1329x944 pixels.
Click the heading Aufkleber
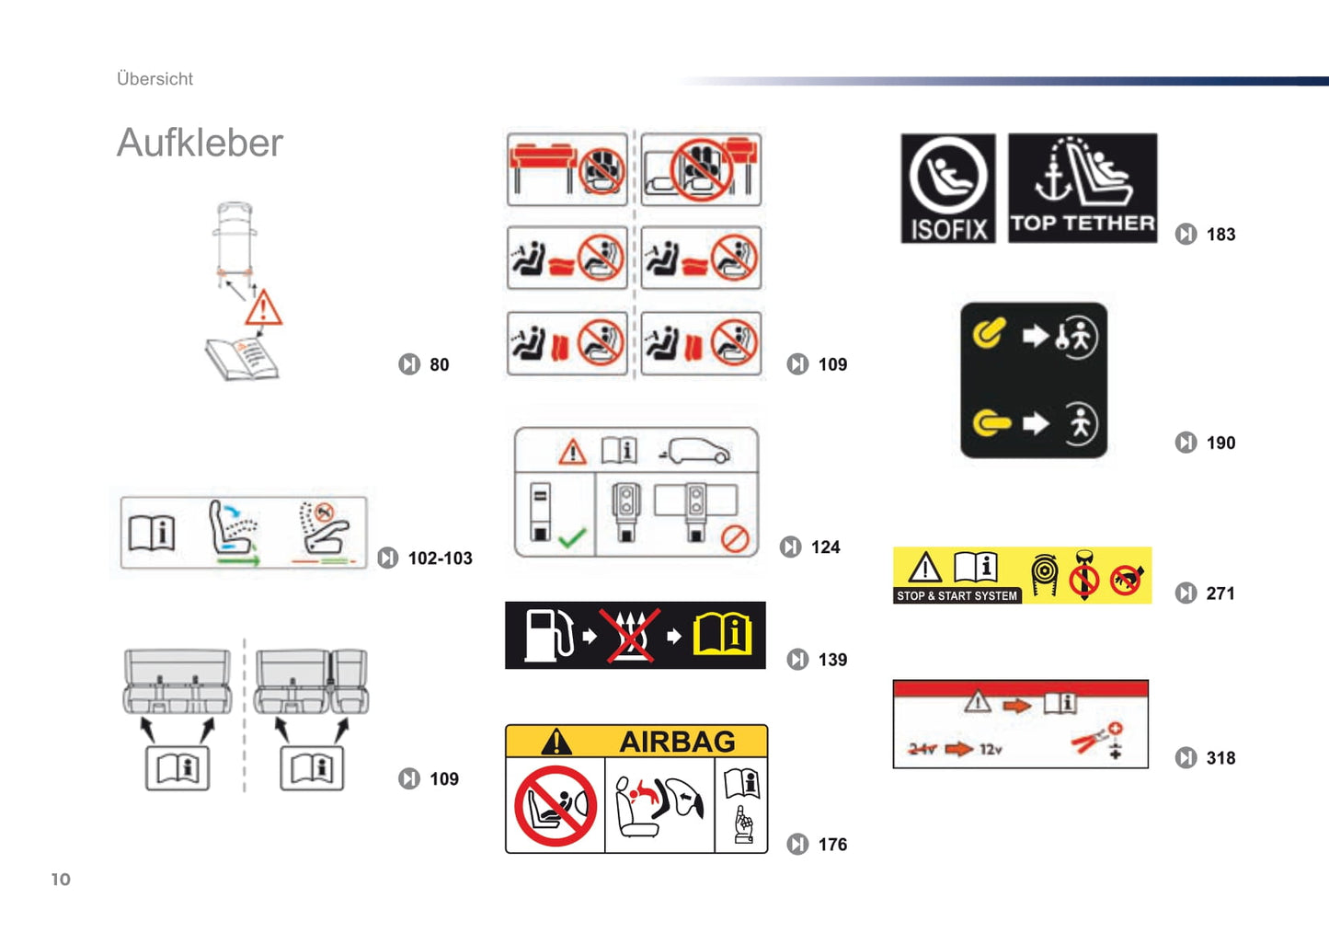pos(200,143)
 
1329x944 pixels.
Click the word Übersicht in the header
pos(155,79)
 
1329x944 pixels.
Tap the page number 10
pos(61,879)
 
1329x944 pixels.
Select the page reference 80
pos(439,364)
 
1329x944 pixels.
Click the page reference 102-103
pos(440,558)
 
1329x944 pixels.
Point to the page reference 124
pos(825,547)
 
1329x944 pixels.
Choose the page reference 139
pos(832,660)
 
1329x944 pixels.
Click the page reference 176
pos(832,845)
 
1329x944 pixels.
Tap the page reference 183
pos(1220,235)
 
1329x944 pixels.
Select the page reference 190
pos(1220,443)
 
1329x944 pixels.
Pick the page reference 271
pos(1220,593)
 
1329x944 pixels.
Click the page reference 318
pos(1220,758)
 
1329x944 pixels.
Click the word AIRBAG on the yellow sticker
pos(677,742)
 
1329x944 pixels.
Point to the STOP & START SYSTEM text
pos(957,596)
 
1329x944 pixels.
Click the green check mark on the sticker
pos(572,537)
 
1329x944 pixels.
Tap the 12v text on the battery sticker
pos(991,749)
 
